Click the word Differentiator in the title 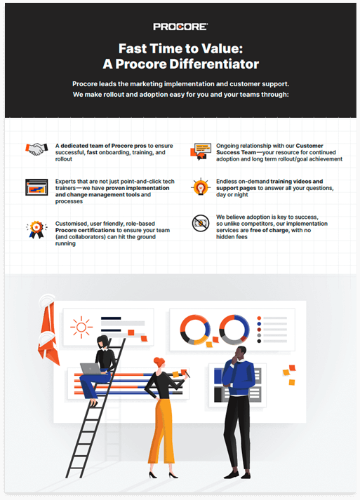tap(220, 64)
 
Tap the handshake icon tap(36, 149)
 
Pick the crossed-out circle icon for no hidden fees tap(201, 223)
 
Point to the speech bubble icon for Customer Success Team tap(201, 149)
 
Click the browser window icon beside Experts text tap(36, 187)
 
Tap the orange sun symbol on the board tap(81, 326)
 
